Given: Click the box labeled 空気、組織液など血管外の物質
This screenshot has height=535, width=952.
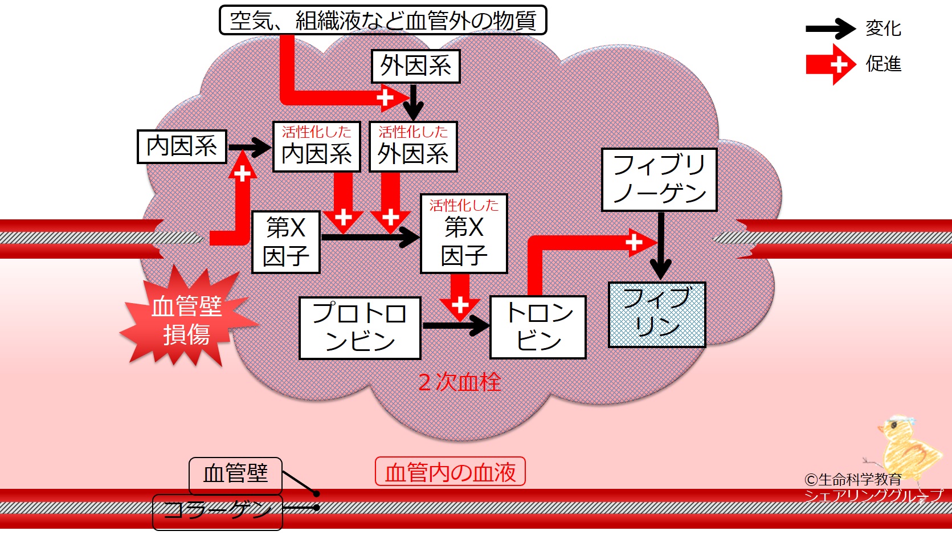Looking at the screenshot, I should (383, 21).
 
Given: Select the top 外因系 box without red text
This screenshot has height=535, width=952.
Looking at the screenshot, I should (415, 66).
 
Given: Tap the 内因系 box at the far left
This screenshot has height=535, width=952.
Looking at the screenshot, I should (182, 146).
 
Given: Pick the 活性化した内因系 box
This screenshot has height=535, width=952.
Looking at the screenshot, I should (317, 147).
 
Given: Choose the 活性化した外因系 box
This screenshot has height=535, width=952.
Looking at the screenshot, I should (413, 147).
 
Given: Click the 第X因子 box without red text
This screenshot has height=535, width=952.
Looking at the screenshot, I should (286, 242).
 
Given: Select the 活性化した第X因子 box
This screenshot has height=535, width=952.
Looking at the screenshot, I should (464, 234).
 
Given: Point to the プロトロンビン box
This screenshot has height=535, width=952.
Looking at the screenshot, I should (360, 328).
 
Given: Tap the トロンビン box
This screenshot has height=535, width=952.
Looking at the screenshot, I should (538, 327).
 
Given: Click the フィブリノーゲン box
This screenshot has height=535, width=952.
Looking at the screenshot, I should (659, 180).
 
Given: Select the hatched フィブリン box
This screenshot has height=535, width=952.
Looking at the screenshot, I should (657, 315).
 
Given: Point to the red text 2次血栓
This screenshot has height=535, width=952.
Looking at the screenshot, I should (459, 382).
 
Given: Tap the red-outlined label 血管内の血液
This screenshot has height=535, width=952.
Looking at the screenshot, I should (450, 472).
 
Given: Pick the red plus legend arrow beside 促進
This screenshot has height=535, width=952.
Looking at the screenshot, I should (831, 65).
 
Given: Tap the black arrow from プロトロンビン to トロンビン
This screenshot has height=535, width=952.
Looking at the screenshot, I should (455, 326).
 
